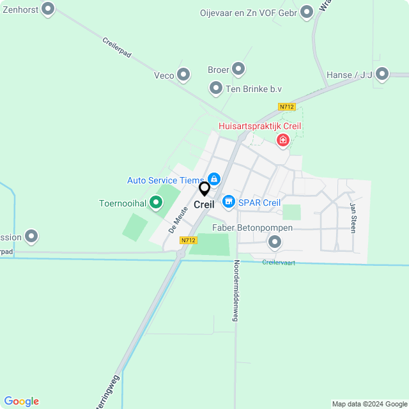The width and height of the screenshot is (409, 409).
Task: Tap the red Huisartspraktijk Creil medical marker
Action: pos(282,139)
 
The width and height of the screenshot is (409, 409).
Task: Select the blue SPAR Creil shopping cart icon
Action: pos(228,203)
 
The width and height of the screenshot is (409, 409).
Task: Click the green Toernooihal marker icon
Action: pos(154,204)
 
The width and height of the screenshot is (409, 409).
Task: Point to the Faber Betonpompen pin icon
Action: pos(275,242)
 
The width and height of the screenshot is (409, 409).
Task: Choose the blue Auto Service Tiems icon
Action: pos(214,180)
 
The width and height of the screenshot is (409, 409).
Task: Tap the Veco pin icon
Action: pos(183,75)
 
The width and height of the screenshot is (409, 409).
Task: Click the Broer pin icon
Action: pos(238,68)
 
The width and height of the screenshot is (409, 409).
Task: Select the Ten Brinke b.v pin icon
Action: pos(216,88)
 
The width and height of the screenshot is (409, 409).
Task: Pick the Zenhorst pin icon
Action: pos(48,9)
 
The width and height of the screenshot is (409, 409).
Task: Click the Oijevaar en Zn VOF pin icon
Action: pos(307,12)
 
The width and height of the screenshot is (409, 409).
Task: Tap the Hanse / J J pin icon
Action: pos(382,75)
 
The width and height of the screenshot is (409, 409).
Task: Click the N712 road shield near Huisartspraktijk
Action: pos(287,107)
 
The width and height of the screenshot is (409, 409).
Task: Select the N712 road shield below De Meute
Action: pos(188,240)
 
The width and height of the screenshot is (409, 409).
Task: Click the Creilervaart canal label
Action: pos(279,263)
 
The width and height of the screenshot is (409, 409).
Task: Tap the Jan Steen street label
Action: pos(352,217)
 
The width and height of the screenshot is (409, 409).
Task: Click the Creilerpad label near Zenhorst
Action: pos(116,48)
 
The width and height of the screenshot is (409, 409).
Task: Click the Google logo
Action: pos(21,401)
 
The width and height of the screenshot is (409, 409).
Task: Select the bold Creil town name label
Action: pos(204,205)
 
